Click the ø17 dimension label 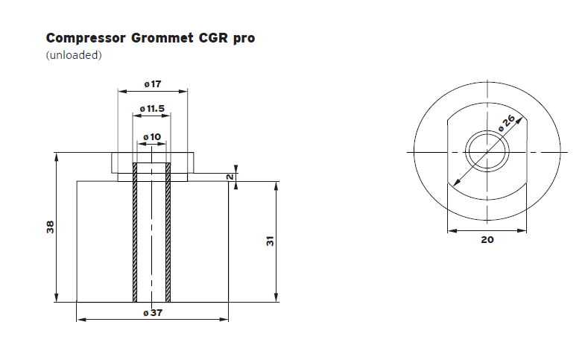(152, 84)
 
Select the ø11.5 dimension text (152, 109)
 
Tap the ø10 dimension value (152, 136)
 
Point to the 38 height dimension (50, 227)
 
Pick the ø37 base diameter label (152, 313)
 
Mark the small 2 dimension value (231, 177)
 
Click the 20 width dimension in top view (487, 240)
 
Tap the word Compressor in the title (83, 38)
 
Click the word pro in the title (243, 38)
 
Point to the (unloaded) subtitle (74, 56)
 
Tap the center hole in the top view (487, 152)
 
